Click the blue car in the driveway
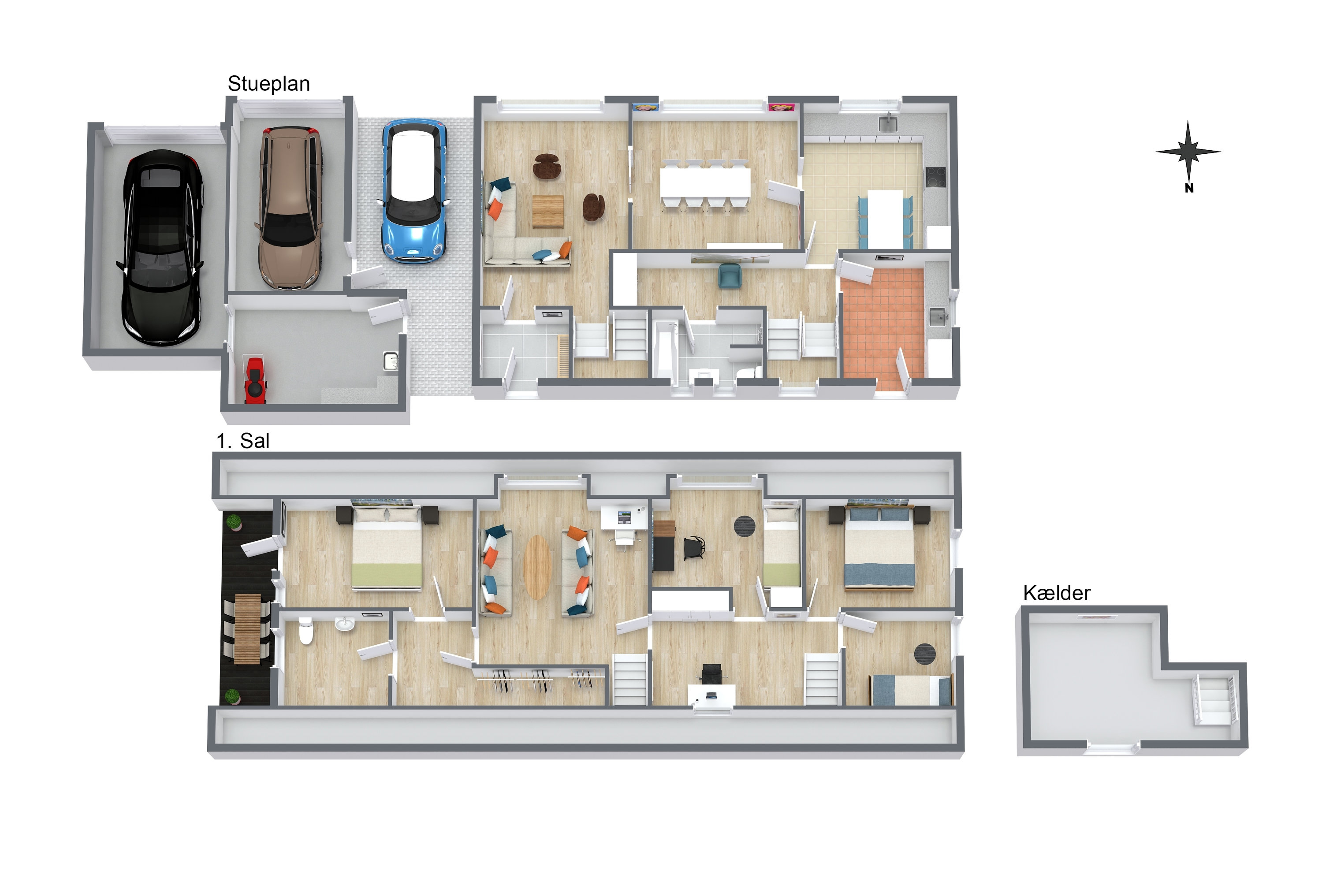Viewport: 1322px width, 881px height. [x=414, y=191]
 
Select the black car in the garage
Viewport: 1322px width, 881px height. [x=161, y=247]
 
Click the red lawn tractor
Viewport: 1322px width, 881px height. [x=256, y=380]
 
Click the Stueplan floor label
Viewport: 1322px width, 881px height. [x=268, y=84]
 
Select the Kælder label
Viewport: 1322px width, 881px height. [x=1056, y=593]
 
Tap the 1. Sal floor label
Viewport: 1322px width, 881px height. [x=243, y=441]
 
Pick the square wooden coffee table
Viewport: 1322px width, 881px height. [x=548, y=211]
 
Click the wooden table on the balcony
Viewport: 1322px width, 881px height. [x=247, y=629]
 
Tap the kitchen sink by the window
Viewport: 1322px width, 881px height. [x=888, y=122]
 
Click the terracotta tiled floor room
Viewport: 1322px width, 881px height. [x=882, y=329]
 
